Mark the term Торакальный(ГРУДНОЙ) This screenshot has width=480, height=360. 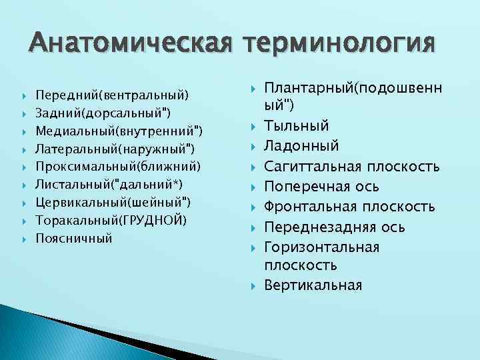click(x=111, y=220)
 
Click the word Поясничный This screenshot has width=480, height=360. click(x=74, y=238)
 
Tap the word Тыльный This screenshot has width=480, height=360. click(x=296, y=126)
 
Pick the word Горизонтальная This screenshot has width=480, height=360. click(x=322, y=247)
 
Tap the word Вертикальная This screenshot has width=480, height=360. click(x=313, y=285)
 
